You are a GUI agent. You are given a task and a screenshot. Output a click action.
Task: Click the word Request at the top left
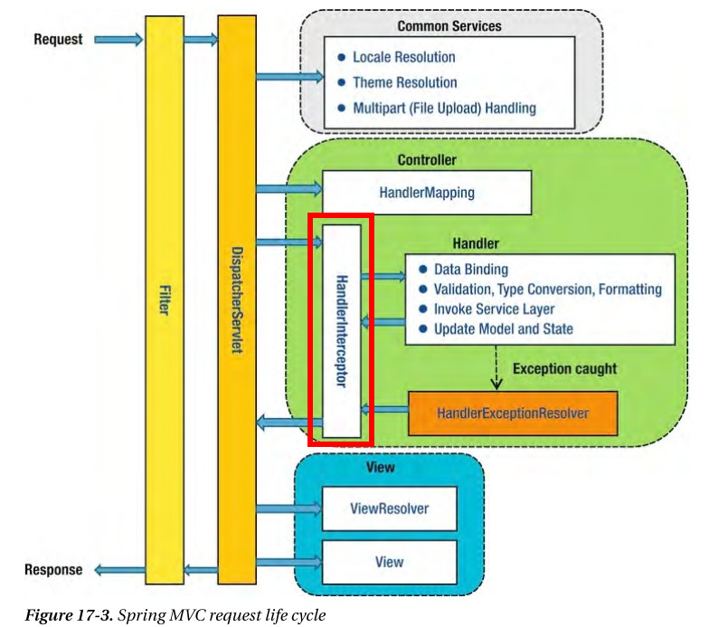(x=58, y=40)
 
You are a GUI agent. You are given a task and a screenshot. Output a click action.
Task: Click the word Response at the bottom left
(x=53, y=570)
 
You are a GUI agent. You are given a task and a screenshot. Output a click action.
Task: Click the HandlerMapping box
(x=426, y=192)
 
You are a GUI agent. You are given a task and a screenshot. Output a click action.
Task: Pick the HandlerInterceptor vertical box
(x=342, y=330)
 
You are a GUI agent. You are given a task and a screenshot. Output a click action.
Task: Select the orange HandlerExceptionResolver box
(x=513, y=413)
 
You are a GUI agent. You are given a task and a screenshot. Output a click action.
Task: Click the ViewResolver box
(x=389, y=508)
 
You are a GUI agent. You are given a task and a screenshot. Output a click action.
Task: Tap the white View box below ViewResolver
(x=389, y=562)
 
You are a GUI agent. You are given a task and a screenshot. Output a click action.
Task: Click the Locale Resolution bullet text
(x=403, y=57)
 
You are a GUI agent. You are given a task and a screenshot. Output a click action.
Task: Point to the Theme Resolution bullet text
(x=404, y=82)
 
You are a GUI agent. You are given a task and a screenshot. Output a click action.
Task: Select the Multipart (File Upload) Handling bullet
(x=443, y=109)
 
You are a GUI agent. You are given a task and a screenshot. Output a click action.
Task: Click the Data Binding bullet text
(x=470, y=269)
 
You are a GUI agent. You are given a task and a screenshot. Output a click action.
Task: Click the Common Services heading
(x=449, y=26)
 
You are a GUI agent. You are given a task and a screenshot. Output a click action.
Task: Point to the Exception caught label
(x=565, y=368)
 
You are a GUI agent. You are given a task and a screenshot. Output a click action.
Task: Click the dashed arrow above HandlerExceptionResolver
(x=496, y=366)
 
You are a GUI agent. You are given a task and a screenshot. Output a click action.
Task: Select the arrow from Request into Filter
(x=118, y=40)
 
